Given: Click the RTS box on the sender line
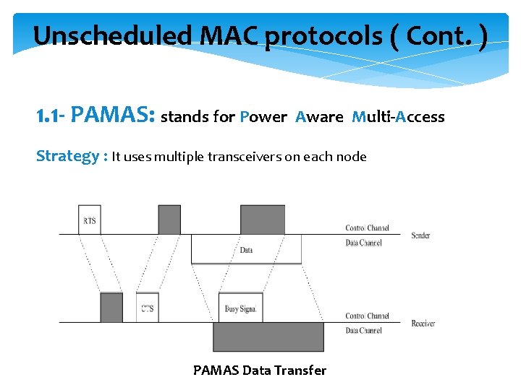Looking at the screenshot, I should pyautogui.click(x=90, y=220).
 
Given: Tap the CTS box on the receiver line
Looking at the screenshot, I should pyautogui.click(x=148, y=308).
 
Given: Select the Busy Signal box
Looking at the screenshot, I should pyautogui.click(x=240, y=308).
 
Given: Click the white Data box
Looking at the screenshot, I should pyautogui.click(x=246, y=249).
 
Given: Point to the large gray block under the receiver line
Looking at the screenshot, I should pyautogui.click(x=268, y=337).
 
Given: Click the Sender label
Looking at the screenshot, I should pyautogui.click(x=420, y=235).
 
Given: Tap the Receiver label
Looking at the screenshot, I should pyautogui.click(x=423, y=324).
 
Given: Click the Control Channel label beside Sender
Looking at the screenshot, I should pyautogui.click(x=367, y=228).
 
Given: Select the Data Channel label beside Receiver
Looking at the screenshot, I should pyautogui.click(x=363, y=331).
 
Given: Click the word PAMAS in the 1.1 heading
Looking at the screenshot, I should pyautogui.click(x=114, y=116).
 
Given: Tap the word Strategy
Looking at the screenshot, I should pyautogui.click(x=67, y=156).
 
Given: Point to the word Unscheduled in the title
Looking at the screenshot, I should pyautogui.click(x=91, y=35).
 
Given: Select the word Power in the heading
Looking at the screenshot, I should pyautogui.click(x=263, y=117).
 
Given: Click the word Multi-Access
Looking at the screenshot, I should pyautogui.click(x=398, y=117).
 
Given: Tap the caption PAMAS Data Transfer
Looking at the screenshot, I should pyautogui.click(x=260, y=370).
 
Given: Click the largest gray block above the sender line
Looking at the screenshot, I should pyautogui.click(x=263, y=220).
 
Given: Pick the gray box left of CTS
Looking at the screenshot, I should pyautogui.click(x=111, y=308).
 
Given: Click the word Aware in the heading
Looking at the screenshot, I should pyautogui.click(x=319, y=117).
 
